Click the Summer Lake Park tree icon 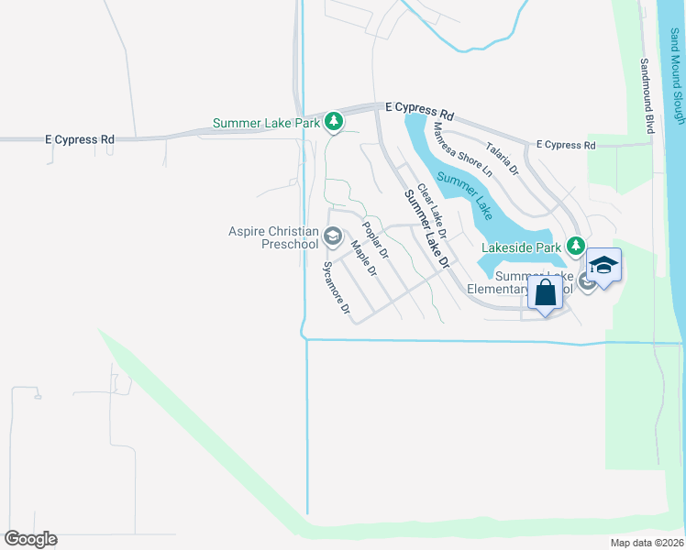tap(335, 121)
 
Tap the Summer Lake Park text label tap(267, 122)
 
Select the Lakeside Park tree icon tap(575, 246)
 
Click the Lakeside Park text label tap(521, 247)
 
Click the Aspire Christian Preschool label tap(273, 238)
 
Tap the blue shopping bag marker tap(545, 294)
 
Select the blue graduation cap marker tap(603, 267)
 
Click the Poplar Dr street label tap(376, 240)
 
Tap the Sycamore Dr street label tap(337, 289)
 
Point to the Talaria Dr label tap(503, 158)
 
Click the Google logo tap(30, 539)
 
